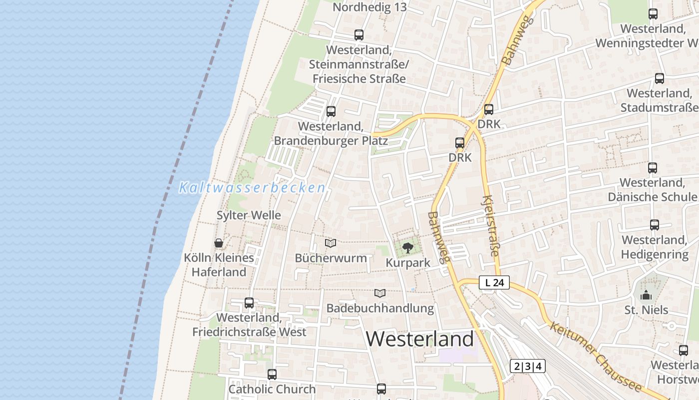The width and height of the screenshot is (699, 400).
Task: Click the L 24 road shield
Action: coord(494,282)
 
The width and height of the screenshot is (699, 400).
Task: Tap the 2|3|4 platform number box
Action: coord(528,366)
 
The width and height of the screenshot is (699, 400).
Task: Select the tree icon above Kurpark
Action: coord(408,247)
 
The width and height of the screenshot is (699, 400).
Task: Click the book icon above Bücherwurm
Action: coord(331,243)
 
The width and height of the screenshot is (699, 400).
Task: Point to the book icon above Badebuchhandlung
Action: coord(380,293)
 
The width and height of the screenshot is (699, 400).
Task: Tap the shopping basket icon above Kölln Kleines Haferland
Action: coord(219,243)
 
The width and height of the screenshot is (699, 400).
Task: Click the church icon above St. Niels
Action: coord(646,295)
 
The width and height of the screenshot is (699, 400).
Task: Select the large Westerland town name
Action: coord(419,339)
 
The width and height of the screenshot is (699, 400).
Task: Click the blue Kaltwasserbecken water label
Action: coord(252,188)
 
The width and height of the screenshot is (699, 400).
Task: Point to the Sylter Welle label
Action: coord(249,215)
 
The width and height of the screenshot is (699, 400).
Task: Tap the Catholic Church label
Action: coord(272,389)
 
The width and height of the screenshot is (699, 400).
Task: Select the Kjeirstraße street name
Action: coord(491,226)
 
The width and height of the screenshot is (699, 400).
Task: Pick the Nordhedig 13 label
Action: coord(369,7)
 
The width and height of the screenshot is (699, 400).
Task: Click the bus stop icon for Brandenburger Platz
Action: coord(331,111)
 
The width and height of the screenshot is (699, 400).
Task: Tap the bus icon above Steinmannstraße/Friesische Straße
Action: coord(358,35)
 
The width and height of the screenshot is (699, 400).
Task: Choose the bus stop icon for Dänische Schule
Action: coord(652,168)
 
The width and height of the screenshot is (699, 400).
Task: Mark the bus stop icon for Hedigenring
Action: coord(654,225)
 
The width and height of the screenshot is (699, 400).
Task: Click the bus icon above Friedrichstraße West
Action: coord(249,303)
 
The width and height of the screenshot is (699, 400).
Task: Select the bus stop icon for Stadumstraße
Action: coord(659,78)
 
